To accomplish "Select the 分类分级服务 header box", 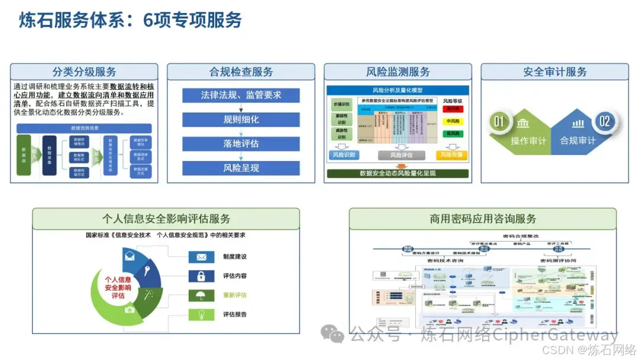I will pos(84,72).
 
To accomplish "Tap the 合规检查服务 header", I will pos(241,72).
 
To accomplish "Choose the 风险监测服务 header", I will pos(398,72).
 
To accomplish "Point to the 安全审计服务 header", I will pos(554,72).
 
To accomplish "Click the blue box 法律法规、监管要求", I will pos(241,95).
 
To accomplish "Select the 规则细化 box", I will pos(241,120).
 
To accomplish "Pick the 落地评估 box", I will pos(241,144).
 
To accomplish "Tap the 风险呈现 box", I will pos(241,168).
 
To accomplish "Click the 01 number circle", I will pos(499,122).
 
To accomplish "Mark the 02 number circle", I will pos(604,122).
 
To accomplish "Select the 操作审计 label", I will pos(528,141).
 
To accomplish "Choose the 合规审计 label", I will pos(577,141).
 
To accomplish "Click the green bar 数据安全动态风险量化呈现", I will pos(398,173).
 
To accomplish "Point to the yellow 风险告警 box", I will pos(451,155).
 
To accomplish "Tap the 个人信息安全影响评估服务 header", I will pos(166,218).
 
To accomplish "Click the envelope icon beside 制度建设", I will pos(201,257).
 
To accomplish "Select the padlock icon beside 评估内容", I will pos(201,276).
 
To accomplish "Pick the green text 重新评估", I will pos(235,295).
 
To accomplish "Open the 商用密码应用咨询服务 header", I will pos(483,218).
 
